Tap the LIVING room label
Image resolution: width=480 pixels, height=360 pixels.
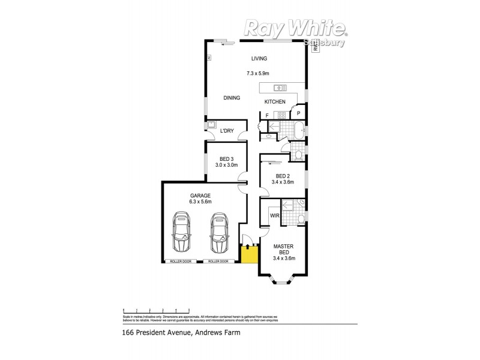pos(259,58)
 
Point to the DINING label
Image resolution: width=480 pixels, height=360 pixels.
pos(232,98)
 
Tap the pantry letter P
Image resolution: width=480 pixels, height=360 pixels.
pos(298,113)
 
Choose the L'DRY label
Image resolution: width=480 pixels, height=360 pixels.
pos(227,130)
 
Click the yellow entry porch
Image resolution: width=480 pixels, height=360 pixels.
pos(249,254)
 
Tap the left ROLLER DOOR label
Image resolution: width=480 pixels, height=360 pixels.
pos(181,262)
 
